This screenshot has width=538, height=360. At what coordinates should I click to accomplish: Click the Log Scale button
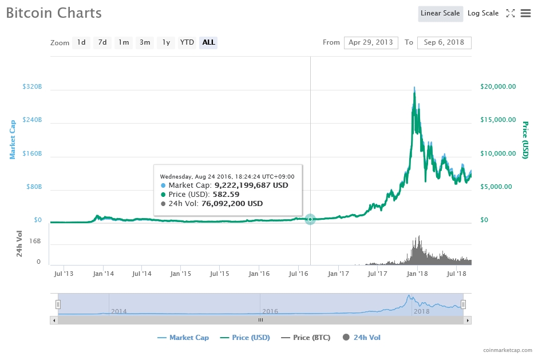pyautogui.click(x=482, y=13)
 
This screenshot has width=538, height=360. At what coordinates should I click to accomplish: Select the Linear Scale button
pyautogui.click(x=440, y=13)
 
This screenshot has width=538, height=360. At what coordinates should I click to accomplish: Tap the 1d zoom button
pyautogui.click(x=81, y=42)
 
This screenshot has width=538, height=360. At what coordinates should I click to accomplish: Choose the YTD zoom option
pyautogui.click(x=187, y=42)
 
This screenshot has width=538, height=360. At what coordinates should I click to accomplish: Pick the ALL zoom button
pyautogui.click(x=208, y=42)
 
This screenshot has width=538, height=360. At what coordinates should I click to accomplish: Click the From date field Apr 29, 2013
pyautogui.click(x=371, y=42)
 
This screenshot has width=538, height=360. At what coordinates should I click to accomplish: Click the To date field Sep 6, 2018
pyautogui.click(x=444, y=42)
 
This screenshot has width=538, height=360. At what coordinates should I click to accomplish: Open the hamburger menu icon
pyautogui.click(x=525, y=13)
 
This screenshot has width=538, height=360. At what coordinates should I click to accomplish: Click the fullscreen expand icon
pyautogui.click(x=511, y=13)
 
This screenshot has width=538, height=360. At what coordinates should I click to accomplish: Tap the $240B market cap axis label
pyautogui.click(x=32, y=120)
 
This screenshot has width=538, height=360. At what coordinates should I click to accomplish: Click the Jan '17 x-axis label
pyautogui.click(x=338, y=274)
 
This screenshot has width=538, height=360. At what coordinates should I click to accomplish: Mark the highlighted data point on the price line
pyautogui.click(x=310, y=219)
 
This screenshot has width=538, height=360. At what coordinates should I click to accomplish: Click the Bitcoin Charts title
pyautogui.click(x=54, y=13)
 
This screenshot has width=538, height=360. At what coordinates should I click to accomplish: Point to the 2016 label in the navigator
pyautogui.click(x=270, y=311)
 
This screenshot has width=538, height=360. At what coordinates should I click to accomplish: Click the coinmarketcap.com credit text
pyautogui.click(x=507, y=350)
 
